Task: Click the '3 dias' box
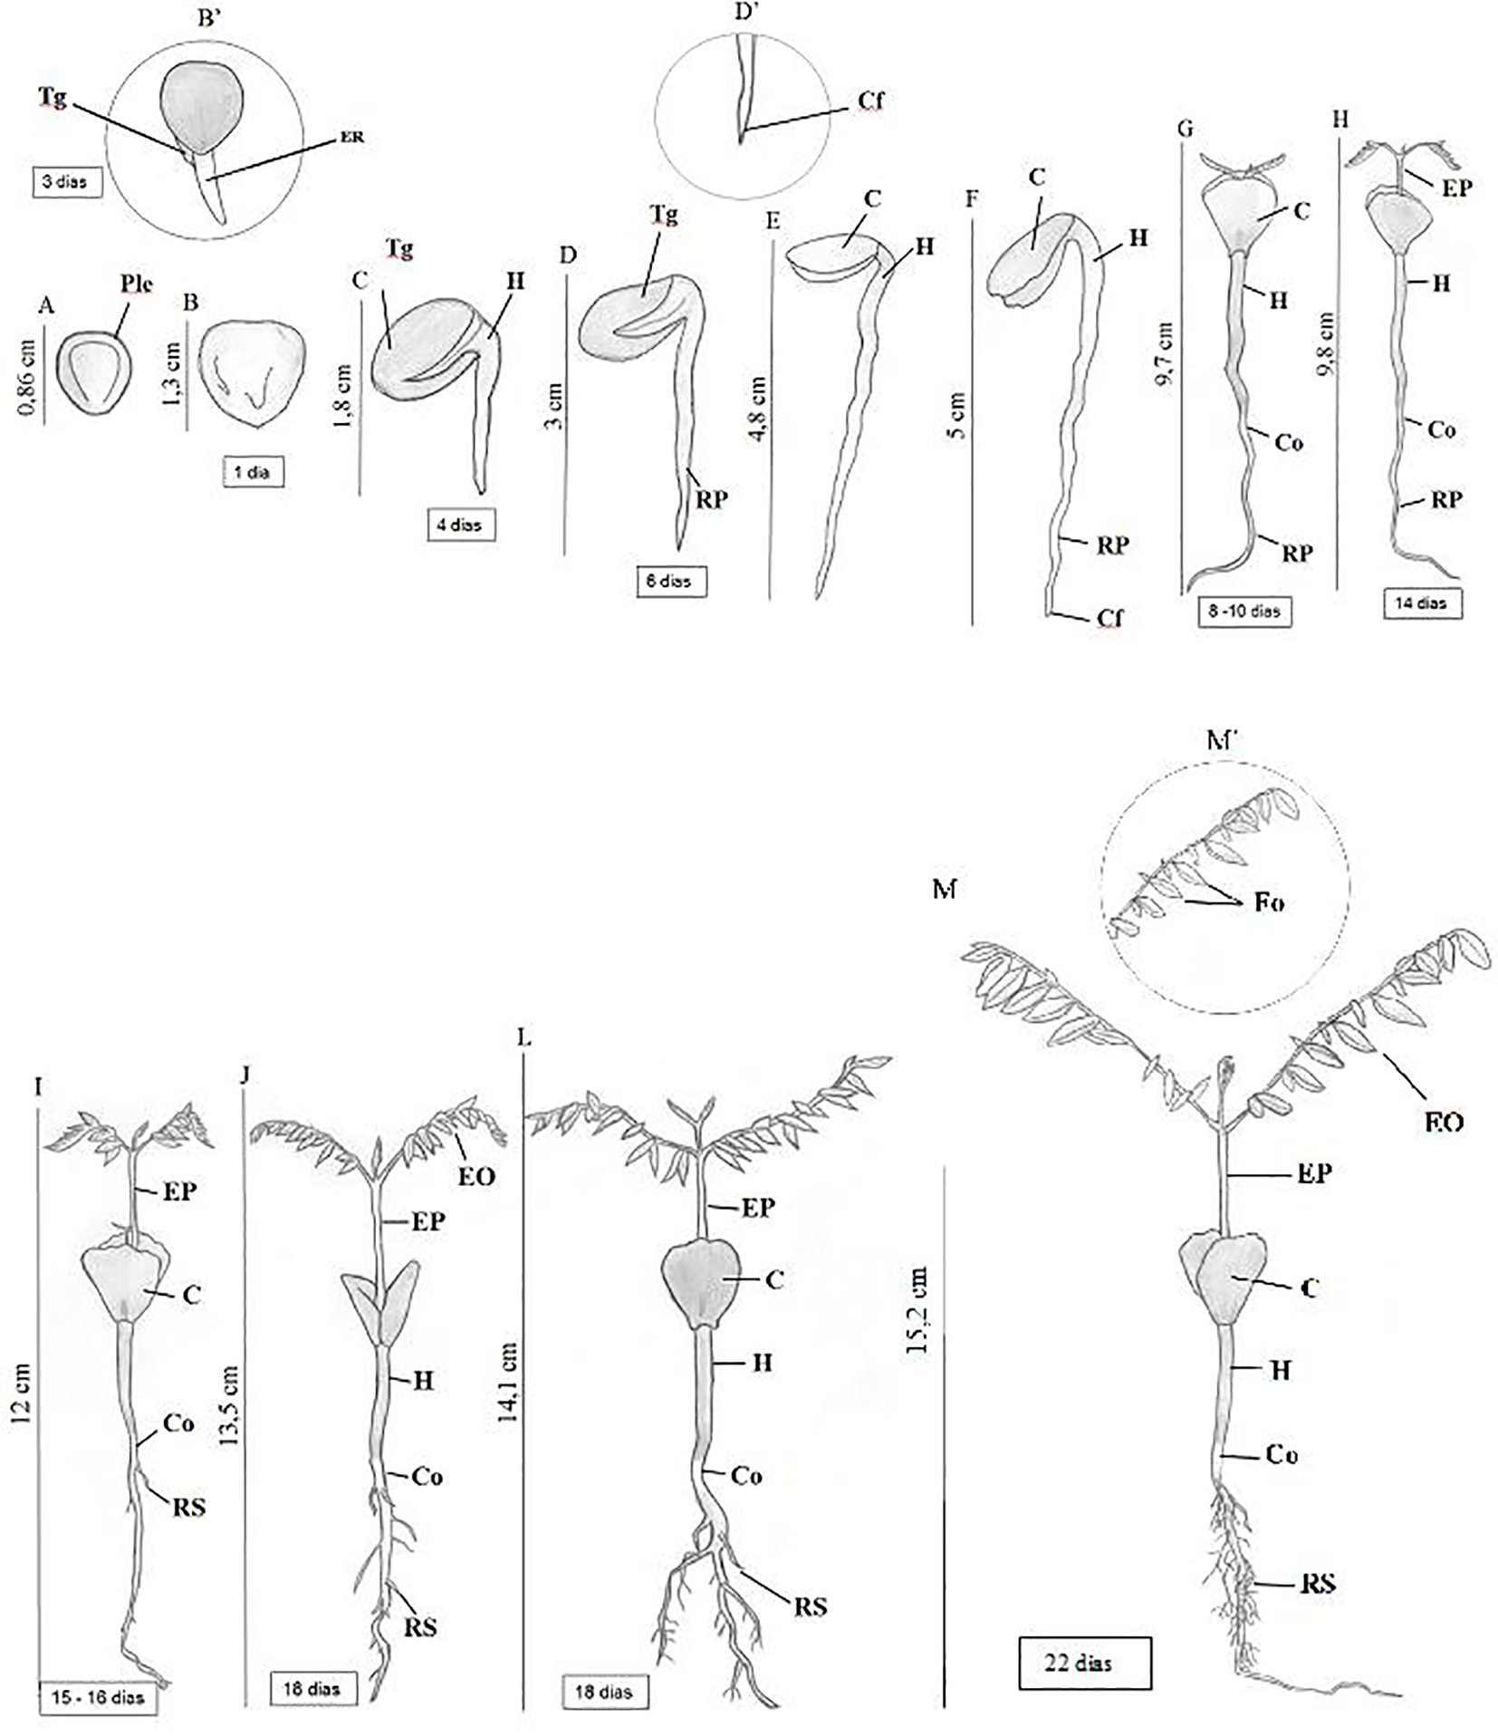click(x=66, y=182)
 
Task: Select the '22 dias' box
click(x=1084, y=1664)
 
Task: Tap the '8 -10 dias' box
click(x=1244, y=612)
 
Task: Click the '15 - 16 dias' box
click(x=98, y=1697)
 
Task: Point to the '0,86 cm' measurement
click(x=27, y=377)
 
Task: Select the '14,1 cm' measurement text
click(x=507, y=1382)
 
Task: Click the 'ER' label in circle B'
click(x=352, y=138)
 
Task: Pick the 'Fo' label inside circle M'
click(x=1268, y=903)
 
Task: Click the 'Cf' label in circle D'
click(x=869, y=101)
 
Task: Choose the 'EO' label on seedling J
click(x=477, y=1176)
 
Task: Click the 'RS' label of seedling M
click(x=1318, y=1584)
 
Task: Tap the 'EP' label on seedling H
click(x=1456, y=188)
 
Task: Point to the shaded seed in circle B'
click(x=202, y=108)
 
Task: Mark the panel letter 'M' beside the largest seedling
click(x=945, y=890)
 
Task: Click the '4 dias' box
click(x=461, y=525)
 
